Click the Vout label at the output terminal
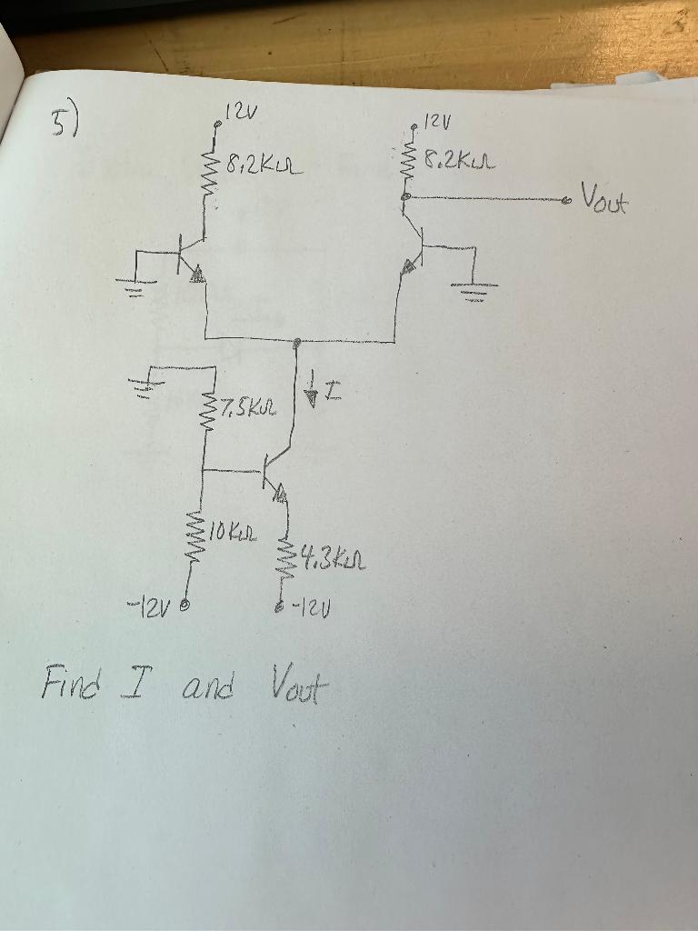tap(603, 196)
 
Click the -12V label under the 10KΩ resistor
tap(154, 604)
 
